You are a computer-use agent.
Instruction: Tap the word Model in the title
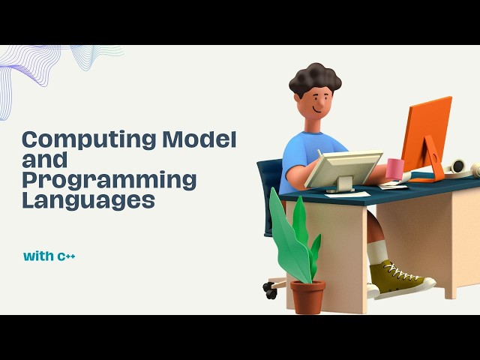200,139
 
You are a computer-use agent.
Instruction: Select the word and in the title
44,160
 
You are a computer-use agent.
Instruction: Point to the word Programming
109,180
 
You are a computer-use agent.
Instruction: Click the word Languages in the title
88,200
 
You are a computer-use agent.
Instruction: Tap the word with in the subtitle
38,256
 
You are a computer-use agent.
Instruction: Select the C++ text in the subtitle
67,256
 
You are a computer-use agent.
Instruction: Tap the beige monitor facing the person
342,169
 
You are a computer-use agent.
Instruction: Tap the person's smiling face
320,105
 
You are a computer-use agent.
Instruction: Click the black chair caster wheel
270,291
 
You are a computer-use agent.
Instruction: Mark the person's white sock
376,252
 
